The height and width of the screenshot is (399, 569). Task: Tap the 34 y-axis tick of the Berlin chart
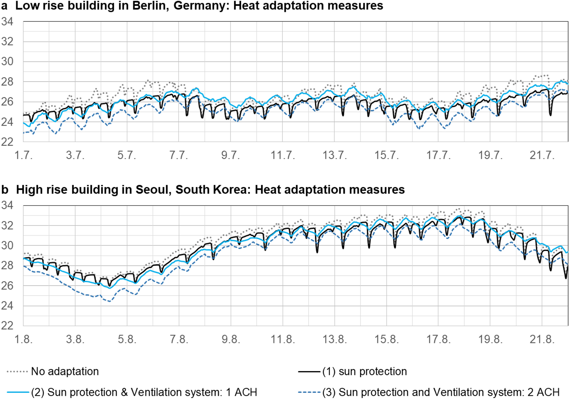tap(7, 22)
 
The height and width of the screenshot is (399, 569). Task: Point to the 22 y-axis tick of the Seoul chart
tap(7, 325)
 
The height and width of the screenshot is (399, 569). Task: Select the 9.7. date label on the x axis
tap(230, 155)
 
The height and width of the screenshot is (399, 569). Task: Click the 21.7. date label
tap(542, 155)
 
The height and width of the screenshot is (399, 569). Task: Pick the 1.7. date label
tap(23, 155)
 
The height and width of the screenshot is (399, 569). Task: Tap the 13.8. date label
tap(335, 339)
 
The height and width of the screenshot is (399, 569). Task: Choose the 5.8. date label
tap(127, 339)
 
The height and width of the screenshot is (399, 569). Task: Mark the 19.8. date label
tap(490, 339)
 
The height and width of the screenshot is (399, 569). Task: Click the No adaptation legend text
tap(65, 371)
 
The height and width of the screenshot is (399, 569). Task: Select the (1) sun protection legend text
tap(365, 371)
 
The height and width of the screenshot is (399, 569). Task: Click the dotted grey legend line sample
tap(17, 372)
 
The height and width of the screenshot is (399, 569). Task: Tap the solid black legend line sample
tap(309, 372)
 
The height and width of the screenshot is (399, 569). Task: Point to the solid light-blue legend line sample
tap(17, 392)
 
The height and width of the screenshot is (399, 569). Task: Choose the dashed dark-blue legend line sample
tap(309, 392)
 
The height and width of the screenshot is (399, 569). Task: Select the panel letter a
tap(4, 6)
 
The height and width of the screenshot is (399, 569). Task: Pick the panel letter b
tap(5, 190)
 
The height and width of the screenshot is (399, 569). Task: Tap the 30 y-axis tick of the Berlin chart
tap(7, 61)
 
